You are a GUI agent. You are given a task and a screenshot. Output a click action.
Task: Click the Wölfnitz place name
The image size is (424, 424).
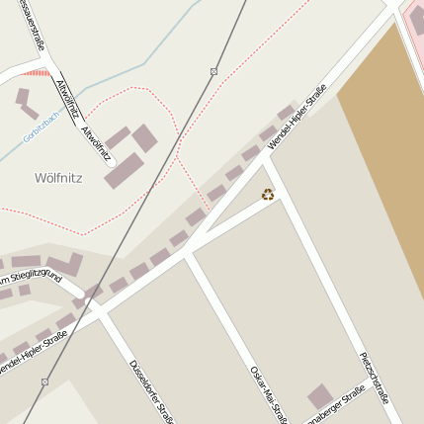[58, 179]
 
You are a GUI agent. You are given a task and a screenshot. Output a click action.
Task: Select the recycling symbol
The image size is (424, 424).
[268, 195]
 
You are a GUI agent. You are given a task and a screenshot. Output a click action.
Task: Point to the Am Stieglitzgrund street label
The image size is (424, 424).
[29, 280]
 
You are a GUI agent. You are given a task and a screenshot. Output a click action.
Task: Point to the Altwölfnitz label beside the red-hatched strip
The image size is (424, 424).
[66, 99]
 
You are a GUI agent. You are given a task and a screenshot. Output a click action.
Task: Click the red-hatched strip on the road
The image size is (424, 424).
[36, 72]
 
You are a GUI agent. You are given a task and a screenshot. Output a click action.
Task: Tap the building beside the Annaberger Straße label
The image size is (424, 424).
[319, 397]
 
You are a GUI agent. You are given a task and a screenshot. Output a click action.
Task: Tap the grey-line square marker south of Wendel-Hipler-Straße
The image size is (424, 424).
[45, 381]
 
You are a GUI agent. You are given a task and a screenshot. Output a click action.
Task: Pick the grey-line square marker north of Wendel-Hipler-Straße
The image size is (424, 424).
[213, 71]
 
